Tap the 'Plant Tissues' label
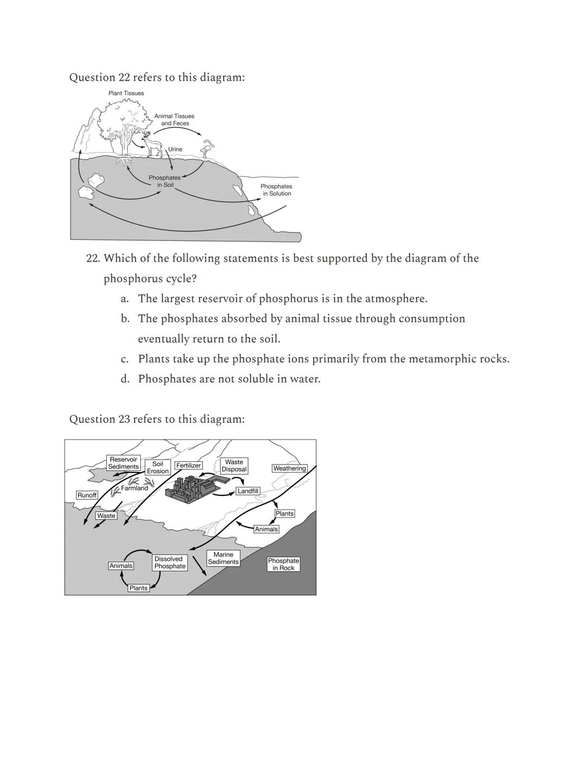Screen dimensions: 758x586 coord(126,93)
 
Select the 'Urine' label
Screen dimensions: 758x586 coord(175,149)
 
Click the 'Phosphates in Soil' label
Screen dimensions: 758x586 coord(164,181)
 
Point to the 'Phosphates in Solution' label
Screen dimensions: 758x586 coord(276,190)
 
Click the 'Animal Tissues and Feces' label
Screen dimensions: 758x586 coord(174,120)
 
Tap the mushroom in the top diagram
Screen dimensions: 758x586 coord(207,148)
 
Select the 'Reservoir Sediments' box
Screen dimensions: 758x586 coord(123,463)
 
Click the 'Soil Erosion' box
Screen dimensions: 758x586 coord(158,468)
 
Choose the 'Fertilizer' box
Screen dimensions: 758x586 coord(188,466)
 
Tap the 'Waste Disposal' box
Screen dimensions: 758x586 coord(234,466)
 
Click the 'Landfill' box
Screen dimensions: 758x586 coord(248,491)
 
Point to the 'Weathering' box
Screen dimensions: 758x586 coord(289,468)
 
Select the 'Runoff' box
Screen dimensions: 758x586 coord(87,495)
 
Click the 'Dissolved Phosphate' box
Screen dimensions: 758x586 coord(169,563)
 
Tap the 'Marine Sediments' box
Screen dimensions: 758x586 coord(223,558)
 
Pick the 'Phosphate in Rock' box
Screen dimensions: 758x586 coord(283,564)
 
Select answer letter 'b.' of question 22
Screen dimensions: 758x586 coord(125,319)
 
